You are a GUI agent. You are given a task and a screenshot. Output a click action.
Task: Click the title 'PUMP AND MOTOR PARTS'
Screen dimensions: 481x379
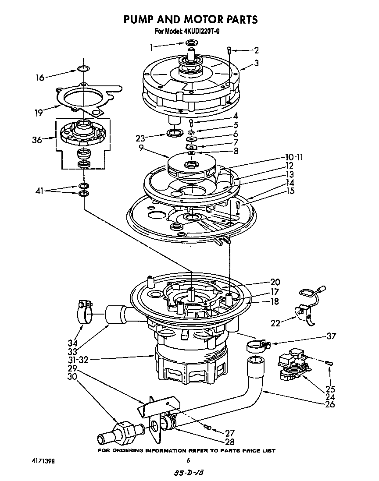click(189, 20)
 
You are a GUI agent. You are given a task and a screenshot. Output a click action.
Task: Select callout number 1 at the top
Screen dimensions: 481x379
click(151, 46)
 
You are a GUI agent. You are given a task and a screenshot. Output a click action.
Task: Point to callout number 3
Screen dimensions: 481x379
click(256, 63)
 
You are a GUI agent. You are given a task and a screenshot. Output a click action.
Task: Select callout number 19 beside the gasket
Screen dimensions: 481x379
click(39, 113)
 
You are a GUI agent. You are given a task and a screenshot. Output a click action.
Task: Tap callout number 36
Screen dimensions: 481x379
click(37, 140)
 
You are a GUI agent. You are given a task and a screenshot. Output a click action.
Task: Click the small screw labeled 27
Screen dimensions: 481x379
click(208, 427)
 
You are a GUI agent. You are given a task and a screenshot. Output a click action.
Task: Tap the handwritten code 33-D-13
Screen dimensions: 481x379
click(189, 473)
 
